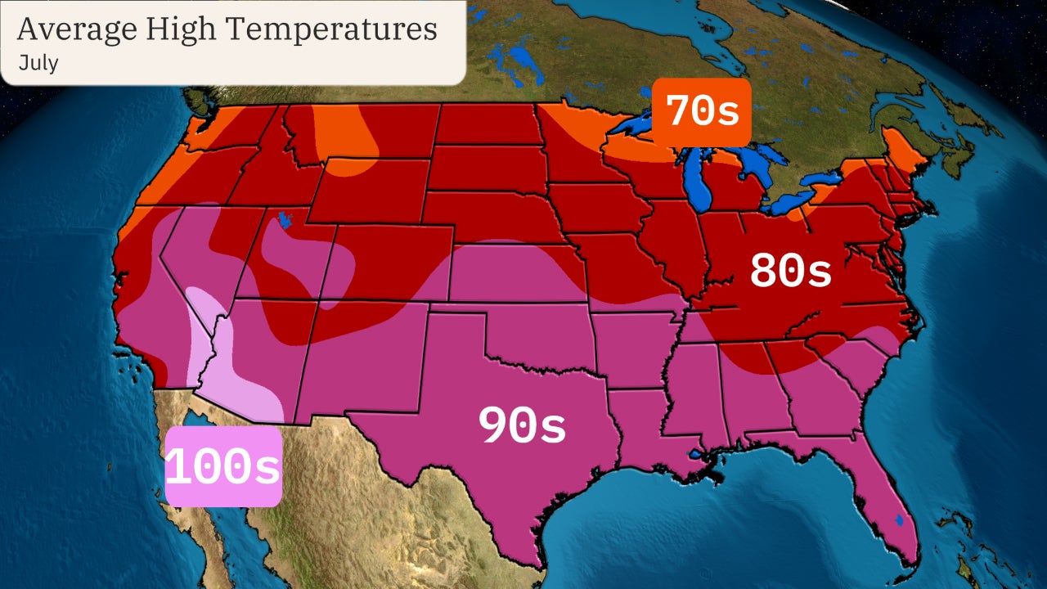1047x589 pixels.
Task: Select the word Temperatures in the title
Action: click(x=331, y=29)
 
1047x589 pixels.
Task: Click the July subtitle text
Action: click(x=38, y=63)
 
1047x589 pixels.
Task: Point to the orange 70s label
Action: click(x=702, y=112)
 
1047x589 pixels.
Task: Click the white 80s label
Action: click(x=790, y=272)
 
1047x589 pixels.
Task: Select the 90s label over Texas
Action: click(x=522, y=426)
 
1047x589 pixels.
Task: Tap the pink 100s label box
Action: click(x=223, y=467)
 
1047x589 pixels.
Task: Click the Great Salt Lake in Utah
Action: click(x=285, y=220)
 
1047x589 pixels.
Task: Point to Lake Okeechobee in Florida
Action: click(x=899, y=519)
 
